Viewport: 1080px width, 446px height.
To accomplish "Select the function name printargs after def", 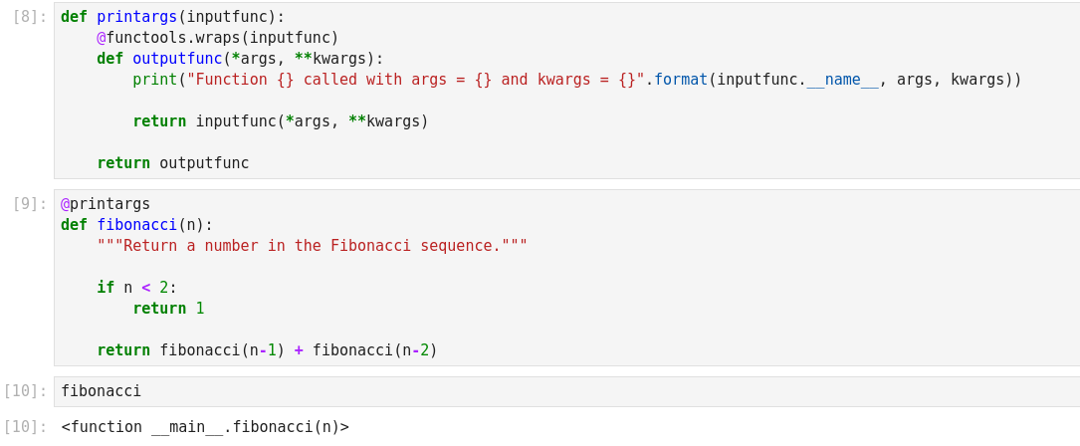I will (136, 17).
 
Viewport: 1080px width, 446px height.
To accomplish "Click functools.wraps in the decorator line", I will (173, 38).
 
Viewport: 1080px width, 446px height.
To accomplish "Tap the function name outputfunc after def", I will (177, 59).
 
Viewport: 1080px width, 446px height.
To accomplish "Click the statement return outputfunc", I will (173, 163).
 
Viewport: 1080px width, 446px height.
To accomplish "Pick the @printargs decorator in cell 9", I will (106, 204).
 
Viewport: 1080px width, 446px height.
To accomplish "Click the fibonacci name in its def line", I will (136, 225).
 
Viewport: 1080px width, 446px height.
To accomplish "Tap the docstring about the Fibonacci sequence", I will (313, 246).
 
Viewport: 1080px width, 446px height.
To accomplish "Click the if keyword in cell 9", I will (106, 288).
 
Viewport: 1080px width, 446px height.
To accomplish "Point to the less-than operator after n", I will (146, 288).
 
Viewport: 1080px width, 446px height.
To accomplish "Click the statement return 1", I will (168, 309).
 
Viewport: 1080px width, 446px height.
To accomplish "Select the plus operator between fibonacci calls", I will (299, 350).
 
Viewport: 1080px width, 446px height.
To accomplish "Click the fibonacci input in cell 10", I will (102, 391).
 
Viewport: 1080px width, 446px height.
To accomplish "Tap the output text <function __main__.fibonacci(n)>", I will (205, 427).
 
